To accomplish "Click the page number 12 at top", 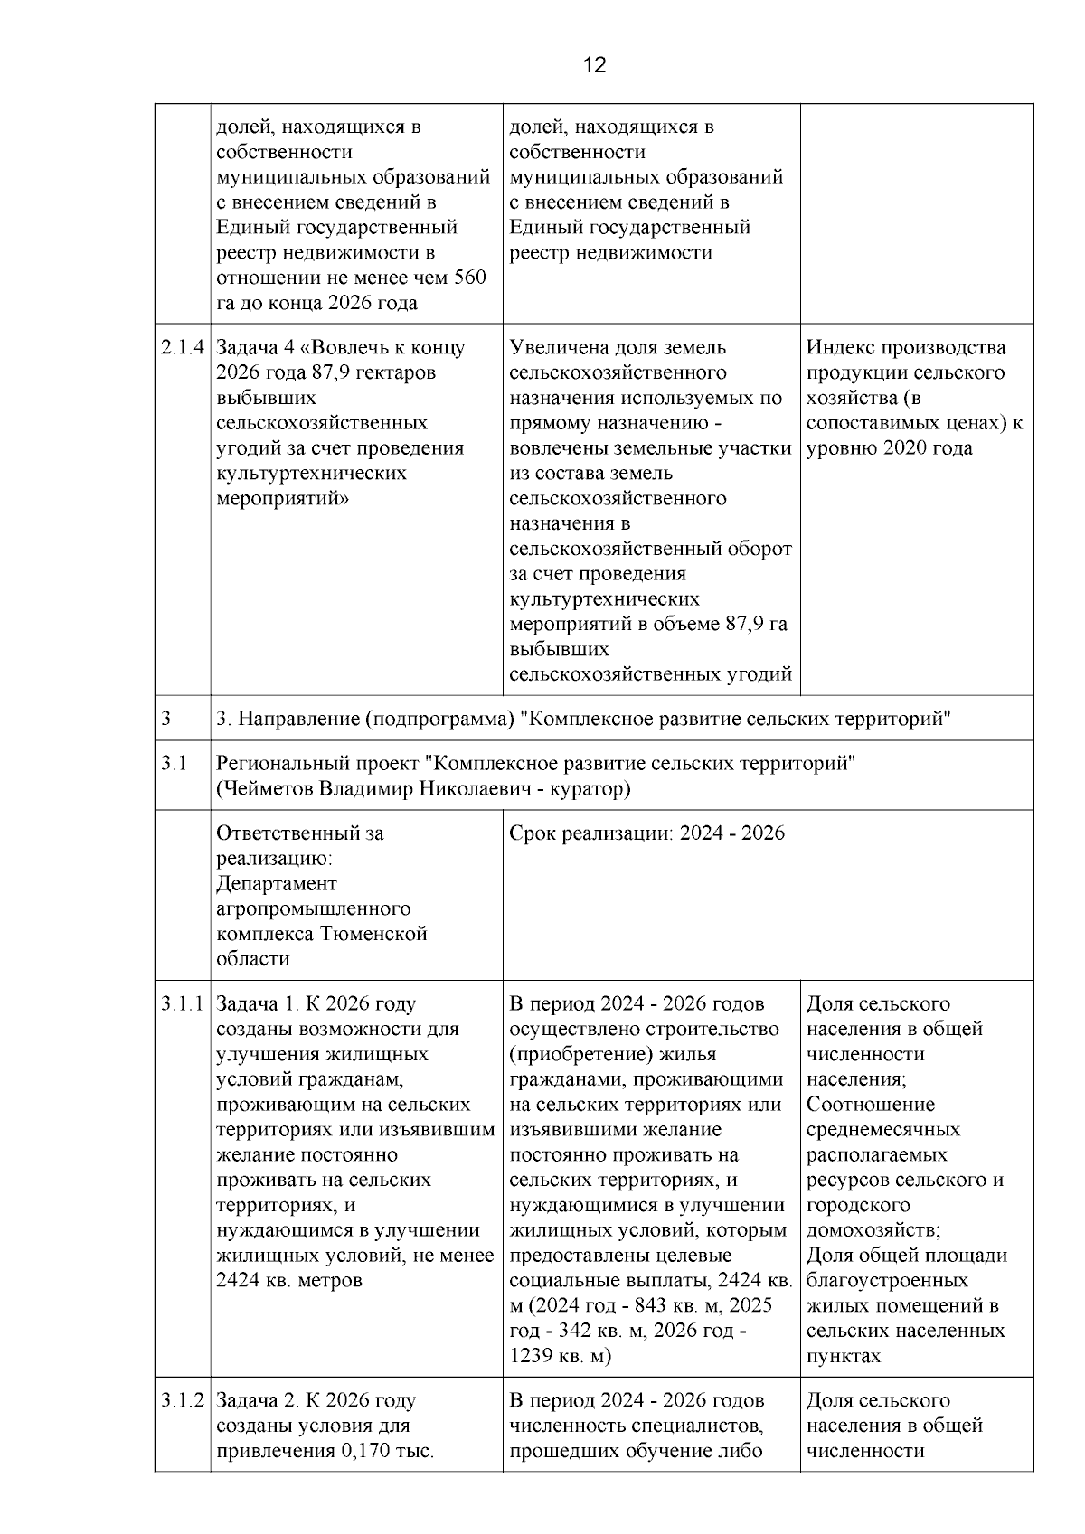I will click(594, 65).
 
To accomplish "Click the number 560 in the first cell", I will click(468, 278).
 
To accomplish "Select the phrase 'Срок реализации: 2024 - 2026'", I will click(647, 833).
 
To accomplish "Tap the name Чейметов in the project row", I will click(265, 789).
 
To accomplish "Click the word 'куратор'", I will click(592, 789).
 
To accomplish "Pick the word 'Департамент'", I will click(277, 883).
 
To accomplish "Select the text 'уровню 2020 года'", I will click(889, 448).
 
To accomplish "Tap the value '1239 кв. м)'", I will click(561, 1356).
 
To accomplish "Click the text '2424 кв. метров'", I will click(289, 1281).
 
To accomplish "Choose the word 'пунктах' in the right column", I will click(843, 1356).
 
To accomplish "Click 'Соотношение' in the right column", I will click(871, 1105).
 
